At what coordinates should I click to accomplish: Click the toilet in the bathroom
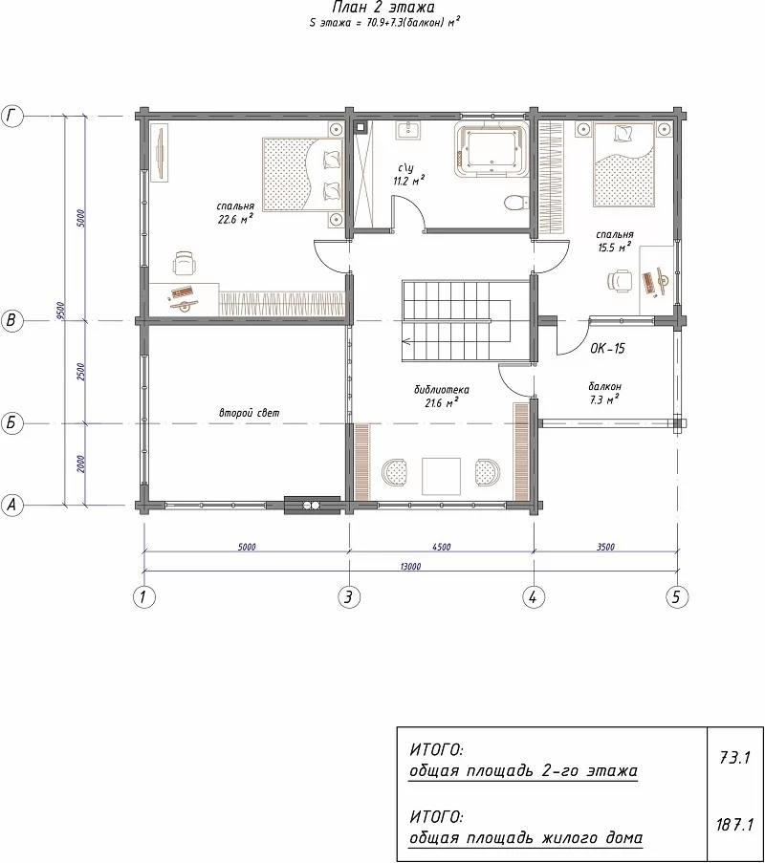(x=513, y=202)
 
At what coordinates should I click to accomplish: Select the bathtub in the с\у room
(x=492, y=148)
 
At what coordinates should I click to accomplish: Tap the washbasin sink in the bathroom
(x=407, y=131)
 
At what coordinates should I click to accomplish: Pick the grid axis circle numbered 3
(x=348, y=596)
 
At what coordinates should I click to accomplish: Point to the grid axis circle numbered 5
(x=676, y=596)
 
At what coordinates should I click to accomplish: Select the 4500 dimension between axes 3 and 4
(x=441, y=547)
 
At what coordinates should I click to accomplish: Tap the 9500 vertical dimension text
(x=61, y=311)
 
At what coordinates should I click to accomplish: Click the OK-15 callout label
(x=607, y=349)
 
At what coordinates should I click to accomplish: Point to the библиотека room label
(x=442, y=390)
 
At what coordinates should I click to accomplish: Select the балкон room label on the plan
(x=604, y=386)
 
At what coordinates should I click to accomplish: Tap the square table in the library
(x=441, y=476)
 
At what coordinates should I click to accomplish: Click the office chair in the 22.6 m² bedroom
(x=184, y=263)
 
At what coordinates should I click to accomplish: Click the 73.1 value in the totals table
(x=734, y=758)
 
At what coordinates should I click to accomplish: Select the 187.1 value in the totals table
(x=734, y=825)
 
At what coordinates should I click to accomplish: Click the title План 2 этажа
(x=383, y=7)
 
